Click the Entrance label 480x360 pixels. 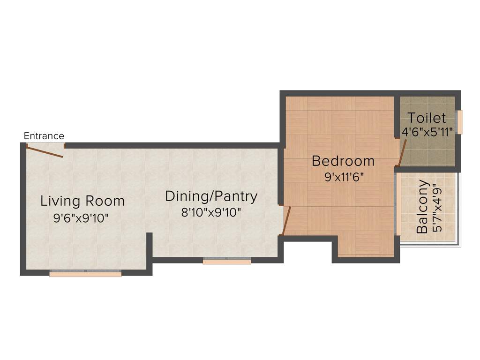click(44, 136)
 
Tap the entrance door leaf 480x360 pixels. click(45, 151)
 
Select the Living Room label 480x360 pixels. click(82, 201)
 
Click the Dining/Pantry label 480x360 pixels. click(211, 196)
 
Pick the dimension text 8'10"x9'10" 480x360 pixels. click(211, 212)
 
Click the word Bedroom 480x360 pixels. click(343, 161)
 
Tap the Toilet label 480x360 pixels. click(427, 118)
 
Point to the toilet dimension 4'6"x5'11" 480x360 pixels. click(427, 132)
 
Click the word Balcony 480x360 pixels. click(422, 207)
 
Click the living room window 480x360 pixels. click(85, 274)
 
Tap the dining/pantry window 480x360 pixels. click(227, 261)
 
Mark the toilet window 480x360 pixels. click(460, 122)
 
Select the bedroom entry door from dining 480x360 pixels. click(286, 221)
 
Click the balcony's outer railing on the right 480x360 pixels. click(459, 209)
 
